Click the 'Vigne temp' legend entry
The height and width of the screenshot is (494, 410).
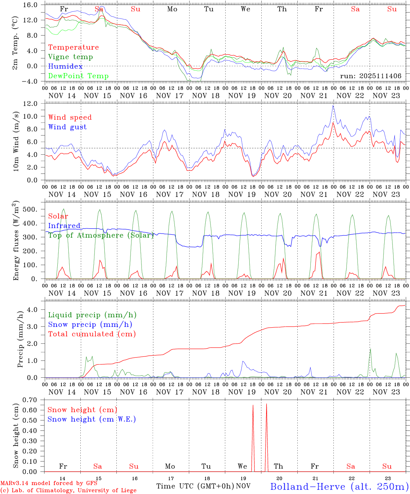[70, 57]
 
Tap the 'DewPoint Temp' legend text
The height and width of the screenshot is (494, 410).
[78, 76]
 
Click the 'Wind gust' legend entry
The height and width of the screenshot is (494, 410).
[67, 127]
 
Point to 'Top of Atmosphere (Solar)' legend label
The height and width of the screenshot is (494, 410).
[101, 235]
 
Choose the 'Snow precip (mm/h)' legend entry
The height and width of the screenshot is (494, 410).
[90, 325]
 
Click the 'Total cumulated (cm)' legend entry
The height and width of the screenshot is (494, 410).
[92, 334]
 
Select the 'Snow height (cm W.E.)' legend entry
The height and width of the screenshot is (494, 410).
[91, 419]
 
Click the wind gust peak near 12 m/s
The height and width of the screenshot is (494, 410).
[333, 106]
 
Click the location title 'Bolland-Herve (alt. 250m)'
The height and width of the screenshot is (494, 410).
[339, 486]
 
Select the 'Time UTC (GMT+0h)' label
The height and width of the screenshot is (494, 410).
[195, 486]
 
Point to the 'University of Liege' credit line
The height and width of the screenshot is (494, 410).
[68, 490]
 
